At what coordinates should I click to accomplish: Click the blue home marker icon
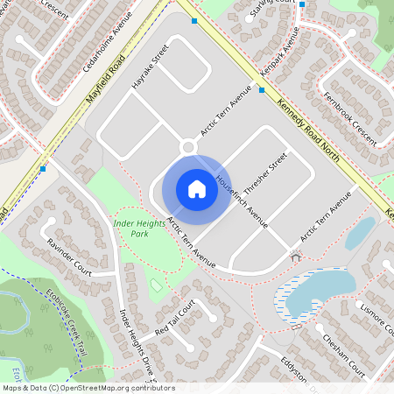[196, 189]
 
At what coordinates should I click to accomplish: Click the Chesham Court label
[342, 355]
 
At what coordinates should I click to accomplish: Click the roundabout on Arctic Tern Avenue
[187, 147]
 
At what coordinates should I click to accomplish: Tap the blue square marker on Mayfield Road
[43, 168]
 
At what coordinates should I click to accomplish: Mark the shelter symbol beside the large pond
[295, 257]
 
